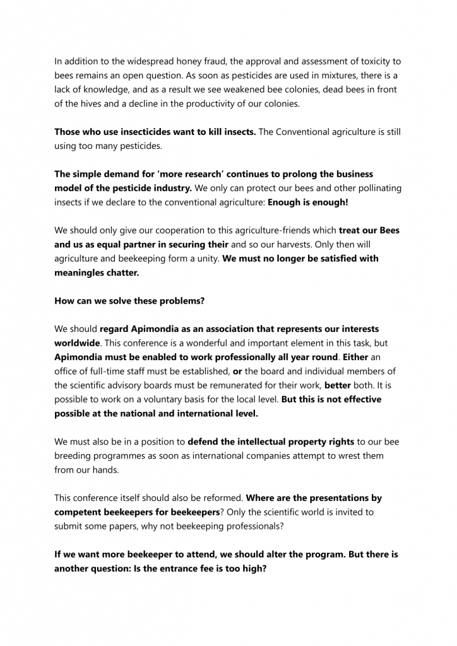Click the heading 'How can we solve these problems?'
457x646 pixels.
tap(129, 301)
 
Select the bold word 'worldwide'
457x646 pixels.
tap(77, 343)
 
